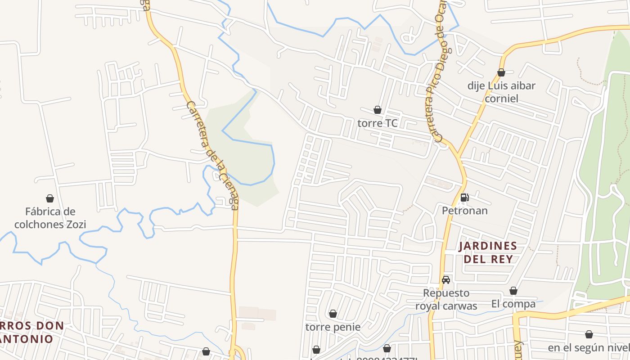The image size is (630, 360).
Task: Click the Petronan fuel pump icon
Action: pos(464,198)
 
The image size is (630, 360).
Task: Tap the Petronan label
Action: pos(464,211)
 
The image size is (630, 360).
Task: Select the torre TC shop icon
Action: pos(378,110)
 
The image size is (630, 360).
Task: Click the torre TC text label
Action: pos(378,123)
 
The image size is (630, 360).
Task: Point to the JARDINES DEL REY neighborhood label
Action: pos(488,252)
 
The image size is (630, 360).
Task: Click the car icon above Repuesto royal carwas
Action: pos(446,280)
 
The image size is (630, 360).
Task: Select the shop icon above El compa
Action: pos(513,291)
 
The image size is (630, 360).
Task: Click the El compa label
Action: pos(513,304)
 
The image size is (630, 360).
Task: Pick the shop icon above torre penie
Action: pos(333,314)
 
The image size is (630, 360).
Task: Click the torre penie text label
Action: pos(333,327)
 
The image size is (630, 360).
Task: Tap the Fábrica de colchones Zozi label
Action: pos(50,218)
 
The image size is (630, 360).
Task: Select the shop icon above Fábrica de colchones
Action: pos(50,198)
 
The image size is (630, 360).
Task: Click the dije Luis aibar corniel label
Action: pos(501,92)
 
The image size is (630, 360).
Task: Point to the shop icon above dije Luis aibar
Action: pos(501,72)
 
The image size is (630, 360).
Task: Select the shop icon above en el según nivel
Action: pos(589,335)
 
